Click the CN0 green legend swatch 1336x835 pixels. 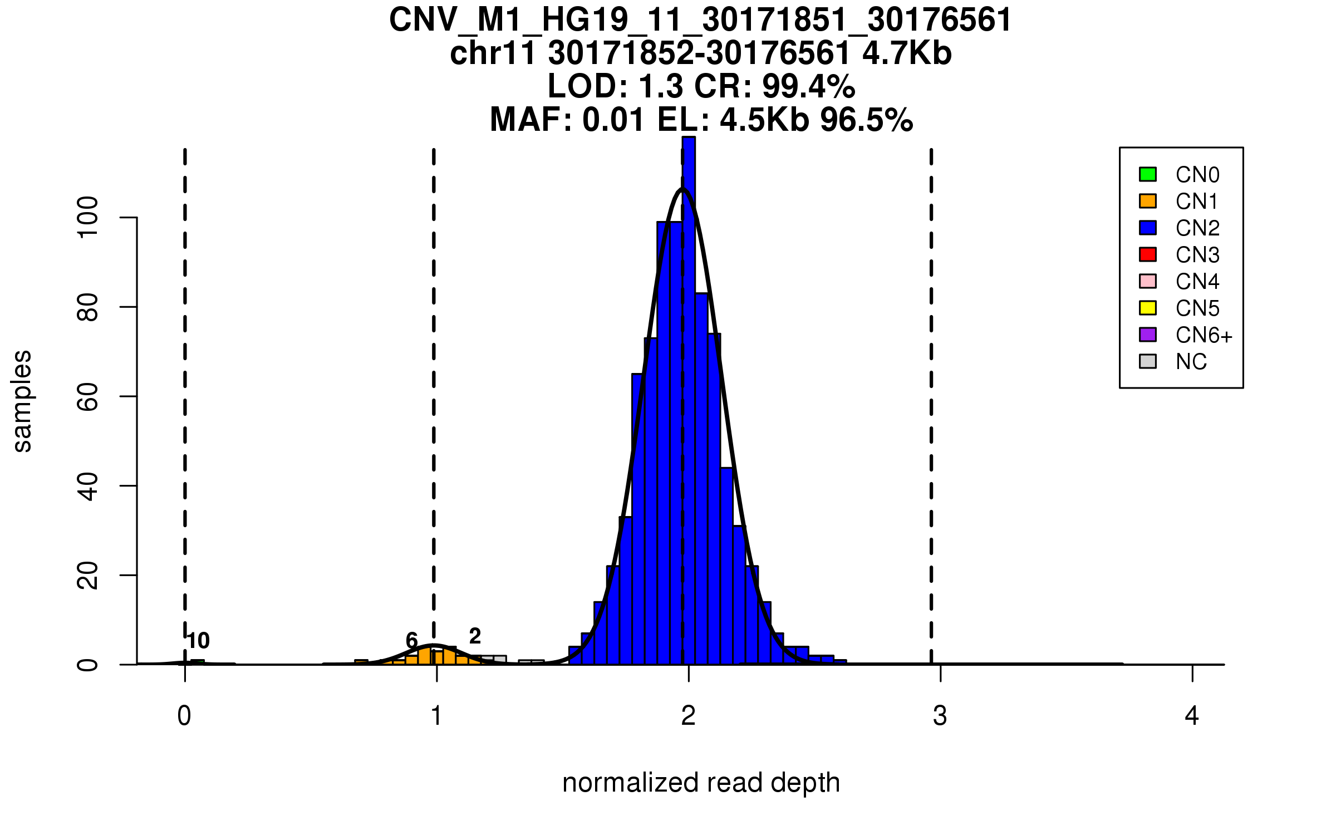coord(1148,174)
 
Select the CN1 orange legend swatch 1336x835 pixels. coord(1148,201)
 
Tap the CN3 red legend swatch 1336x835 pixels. coord(1148,254)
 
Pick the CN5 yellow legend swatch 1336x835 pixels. coord(1148,308)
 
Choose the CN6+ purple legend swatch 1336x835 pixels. coord(1148,335)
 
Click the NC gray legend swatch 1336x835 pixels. coord(1148,361)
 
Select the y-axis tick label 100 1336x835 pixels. coord(88,217)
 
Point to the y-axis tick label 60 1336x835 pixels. coord(88,396)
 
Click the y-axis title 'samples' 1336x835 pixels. coord(22,401)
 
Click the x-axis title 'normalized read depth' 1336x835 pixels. coord(701,783)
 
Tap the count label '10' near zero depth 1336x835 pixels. coord(198,641)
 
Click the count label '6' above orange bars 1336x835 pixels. coord(411,640)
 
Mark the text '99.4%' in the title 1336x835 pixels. coord(808,86)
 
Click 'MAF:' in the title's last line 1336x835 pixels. coord(531,120)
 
